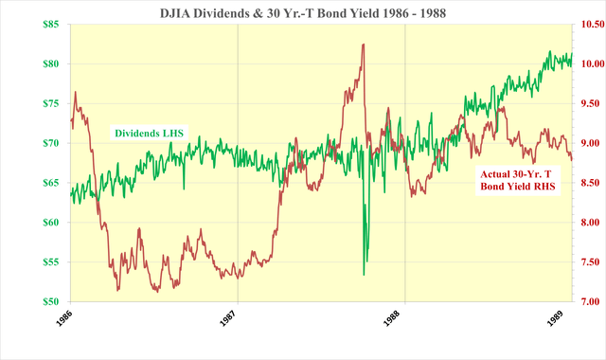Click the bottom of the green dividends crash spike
click(x=365, y=275)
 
